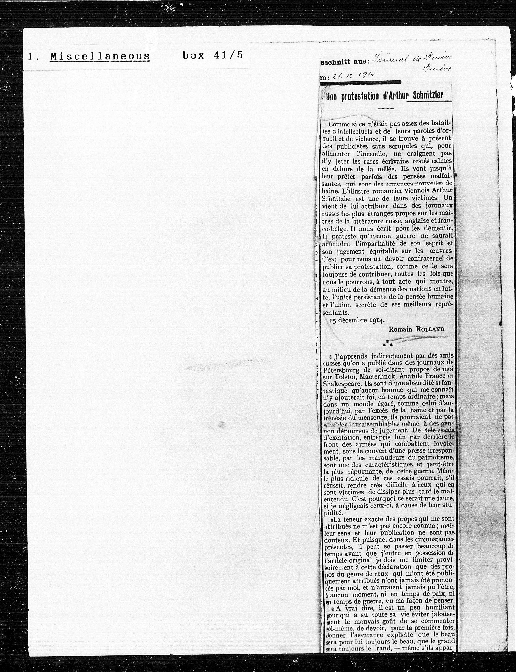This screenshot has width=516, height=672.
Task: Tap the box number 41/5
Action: (212, 55)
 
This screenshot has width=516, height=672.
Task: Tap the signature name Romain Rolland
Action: (416, 329)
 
